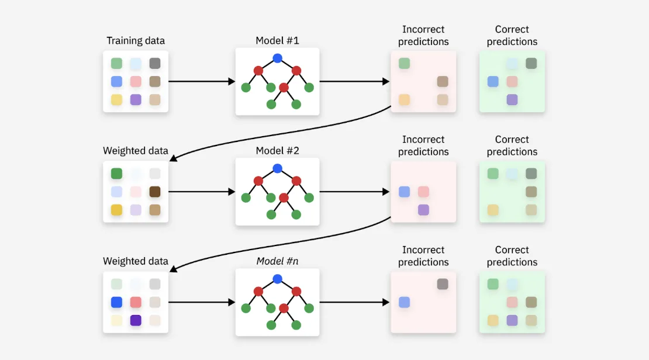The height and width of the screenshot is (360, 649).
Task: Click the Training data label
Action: coord(136,41)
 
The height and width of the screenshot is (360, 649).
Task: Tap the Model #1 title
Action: coord(277,41)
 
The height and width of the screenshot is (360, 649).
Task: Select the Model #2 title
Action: coord(277,151)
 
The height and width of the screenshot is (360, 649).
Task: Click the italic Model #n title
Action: coord(277,261)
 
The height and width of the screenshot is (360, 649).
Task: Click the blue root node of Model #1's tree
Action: coord(277,58)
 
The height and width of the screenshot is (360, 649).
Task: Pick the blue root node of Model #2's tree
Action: coord(277,168)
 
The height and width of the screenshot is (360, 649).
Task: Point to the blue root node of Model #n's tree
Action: coord(277,279)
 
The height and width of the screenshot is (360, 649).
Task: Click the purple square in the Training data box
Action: coord(136,99)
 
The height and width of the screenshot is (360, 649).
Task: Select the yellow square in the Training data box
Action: coord(116,99)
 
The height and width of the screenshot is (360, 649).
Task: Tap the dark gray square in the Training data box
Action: coord(155,63)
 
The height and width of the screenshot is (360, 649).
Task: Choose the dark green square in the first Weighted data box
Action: coord(116,174)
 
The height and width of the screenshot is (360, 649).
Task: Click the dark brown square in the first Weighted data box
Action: coord(155,192)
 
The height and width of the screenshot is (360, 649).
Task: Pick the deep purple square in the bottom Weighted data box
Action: coord(136,320)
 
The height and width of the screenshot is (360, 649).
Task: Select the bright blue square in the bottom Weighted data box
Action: coord(116,302)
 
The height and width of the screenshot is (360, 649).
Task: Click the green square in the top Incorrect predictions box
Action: coord(404,63)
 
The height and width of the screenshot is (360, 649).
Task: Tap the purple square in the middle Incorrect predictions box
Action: coord(423,210)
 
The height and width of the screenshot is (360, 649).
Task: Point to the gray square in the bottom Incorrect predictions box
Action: coord(443,284)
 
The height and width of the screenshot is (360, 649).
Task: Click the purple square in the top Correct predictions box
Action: coord(512,99)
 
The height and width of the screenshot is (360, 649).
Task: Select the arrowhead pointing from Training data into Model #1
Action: coord(232,82)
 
